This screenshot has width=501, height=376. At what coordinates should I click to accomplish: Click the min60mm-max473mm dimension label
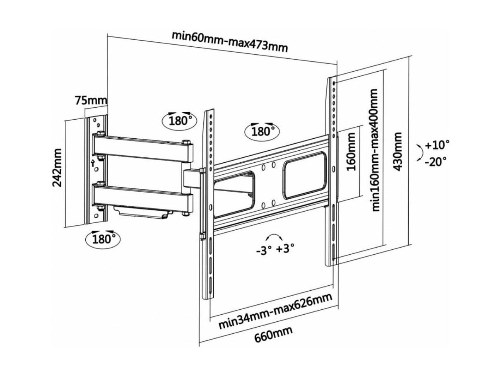[229, 42]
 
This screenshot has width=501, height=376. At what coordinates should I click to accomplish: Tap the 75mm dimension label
[91, 101]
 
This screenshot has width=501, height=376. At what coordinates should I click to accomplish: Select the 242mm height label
[57, 168]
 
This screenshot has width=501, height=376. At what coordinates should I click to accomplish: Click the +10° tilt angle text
[437, 145]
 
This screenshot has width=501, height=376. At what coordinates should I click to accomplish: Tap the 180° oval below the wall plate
[103, 239]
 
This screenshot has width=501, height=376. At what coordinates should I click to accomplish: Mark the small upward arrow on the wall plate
[93, 163]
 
